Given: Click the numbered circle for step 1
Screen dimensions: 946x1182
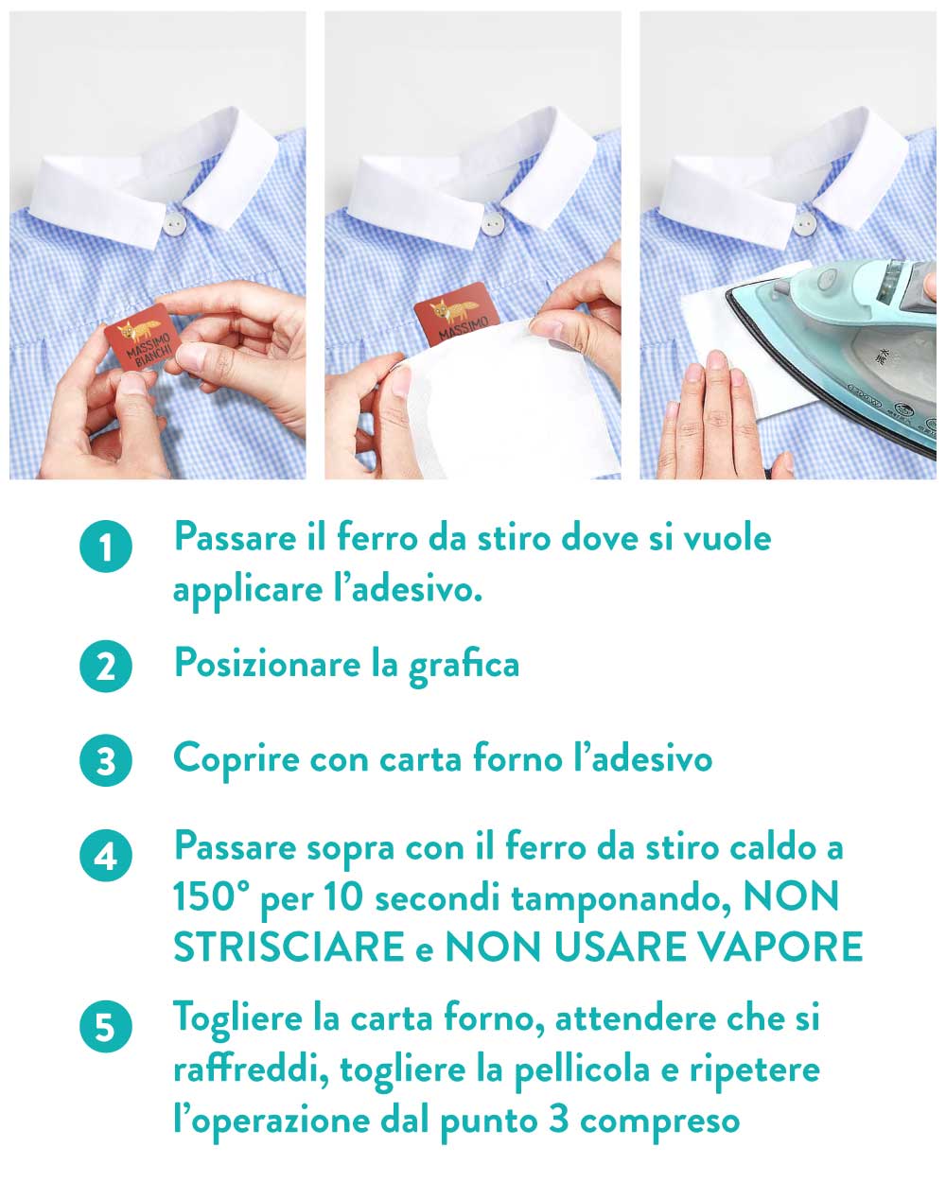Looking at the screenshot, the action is point(106,546).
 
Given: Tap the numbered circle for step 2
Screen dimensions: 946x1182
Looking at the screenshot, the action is point(106,666).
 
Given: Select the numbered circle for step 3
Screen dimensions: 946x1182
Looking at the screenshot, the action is point(106,759).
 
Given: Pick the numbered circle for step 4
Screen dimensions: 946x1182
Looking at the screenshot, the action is point(106,855).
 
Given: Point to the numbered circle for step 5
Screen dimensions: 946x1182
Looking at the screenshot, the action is point(106,1026).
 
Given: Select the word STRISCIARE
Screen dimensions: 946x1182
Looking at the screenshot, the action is point(289,947).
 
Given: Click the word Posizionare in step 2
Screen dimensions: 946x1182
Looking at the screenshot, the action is point(267,663).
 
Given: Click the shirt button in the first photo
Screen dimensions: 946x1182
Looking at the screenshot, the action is point(175,222).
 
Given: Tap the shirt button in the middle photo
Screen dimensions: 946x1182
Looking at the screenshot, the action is point(492,223).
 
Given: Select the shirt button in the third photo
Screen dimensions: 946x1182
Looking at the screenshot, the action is point(805,223).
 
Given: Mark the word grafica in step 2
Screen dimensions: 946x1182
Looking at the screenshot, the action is point(464,666).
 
